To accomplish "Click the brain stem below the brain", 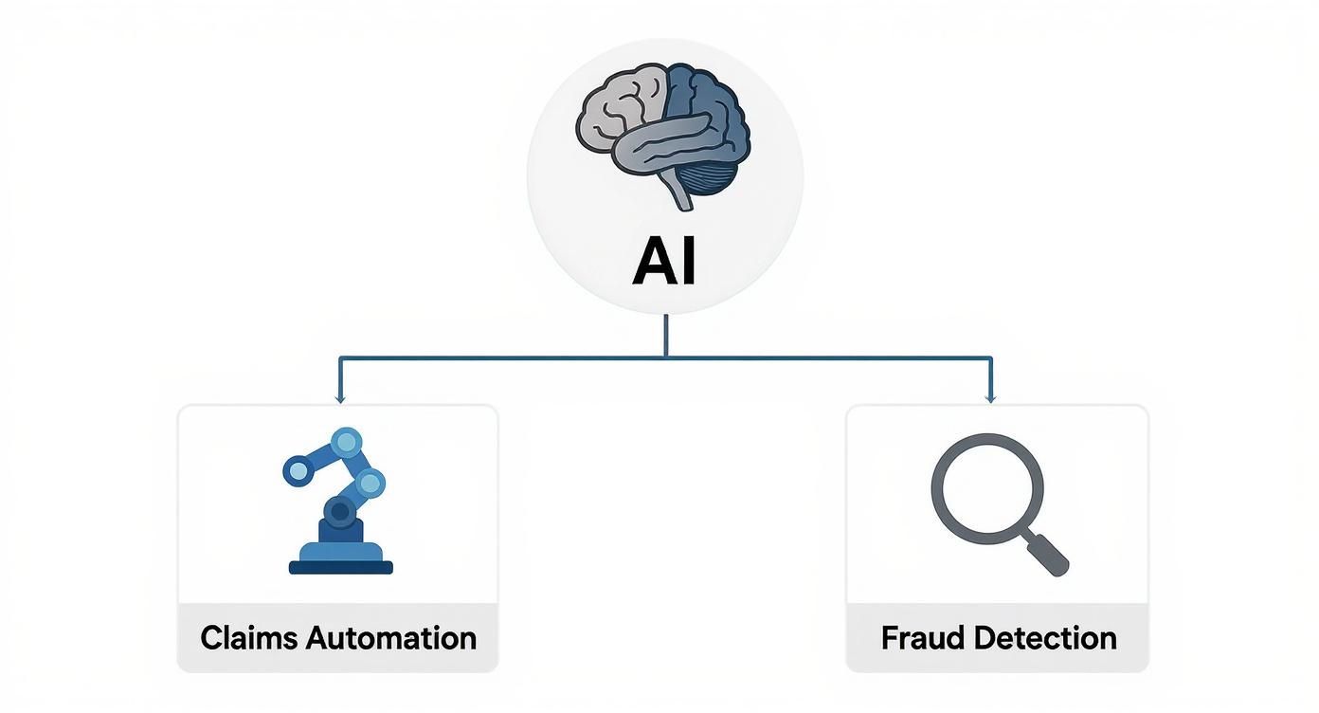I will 680,192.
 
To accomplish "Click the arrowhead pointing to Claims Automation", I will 339,398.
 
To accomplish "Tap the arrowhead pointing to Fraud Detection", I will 990,398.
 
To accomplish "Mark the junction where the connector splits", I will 666,357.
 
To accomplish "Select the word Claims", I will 248,637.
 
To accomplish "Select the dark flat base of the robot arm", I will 340,567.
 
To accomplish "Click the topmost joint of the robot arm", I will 347,442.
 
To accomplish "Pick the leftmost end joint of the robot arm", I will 298,469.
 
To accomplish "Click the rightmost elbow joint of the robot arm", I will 372,483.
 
